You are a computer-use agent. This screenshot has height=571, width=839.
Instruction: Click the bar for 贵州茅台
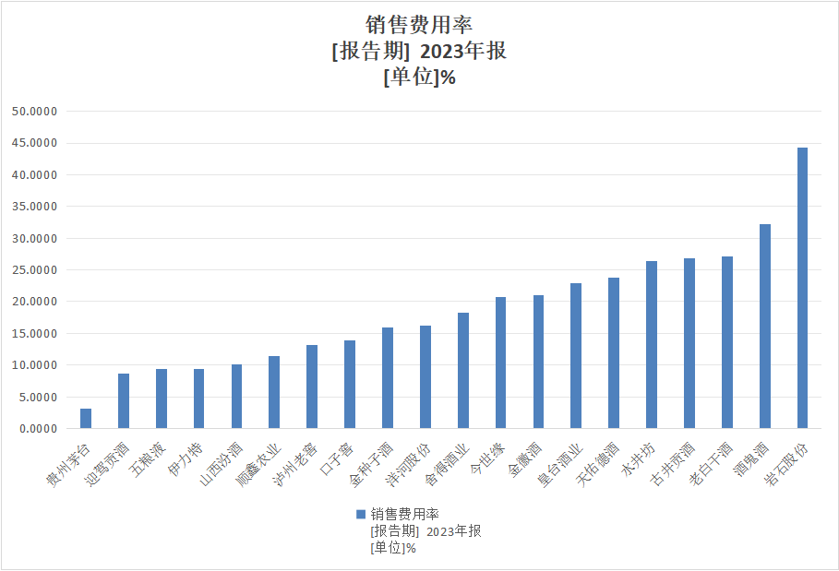[x=86, y=418]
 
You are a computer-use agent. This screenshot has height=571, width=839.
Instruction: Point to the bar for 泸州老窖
[x=312, y=387]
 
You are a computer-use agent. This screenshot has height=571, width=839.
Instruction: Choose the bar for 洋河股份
[x=425, y=376]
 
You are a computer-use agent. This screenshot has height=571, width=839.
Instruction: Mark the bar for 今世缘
[x=500, y=363]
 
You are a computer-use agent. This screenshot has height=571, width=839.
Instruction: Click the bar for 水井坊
[x=652, y=345]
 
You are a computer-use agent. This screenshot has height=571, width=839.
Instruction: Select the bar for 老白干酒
[x=727, y=342]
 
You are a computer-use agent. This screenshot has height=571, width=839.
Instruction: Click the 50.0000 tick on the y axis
[x=35, y=112]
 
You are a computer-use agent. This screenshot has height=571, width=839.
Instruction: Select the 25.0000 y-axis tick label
[x=35, y=270]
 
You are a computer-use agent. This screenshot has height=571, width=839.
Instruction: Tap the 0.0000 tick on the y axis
[x=38, y=429]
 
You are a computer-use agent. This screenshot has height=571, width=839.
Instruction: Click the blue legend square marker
[x=361, y=514]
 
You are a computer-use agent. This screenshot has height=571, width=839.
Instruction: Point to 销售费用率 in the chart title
[x=419, y=26]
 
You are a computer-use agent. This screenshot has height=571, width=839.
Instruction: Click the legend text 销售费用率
[x=404, y=514]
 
